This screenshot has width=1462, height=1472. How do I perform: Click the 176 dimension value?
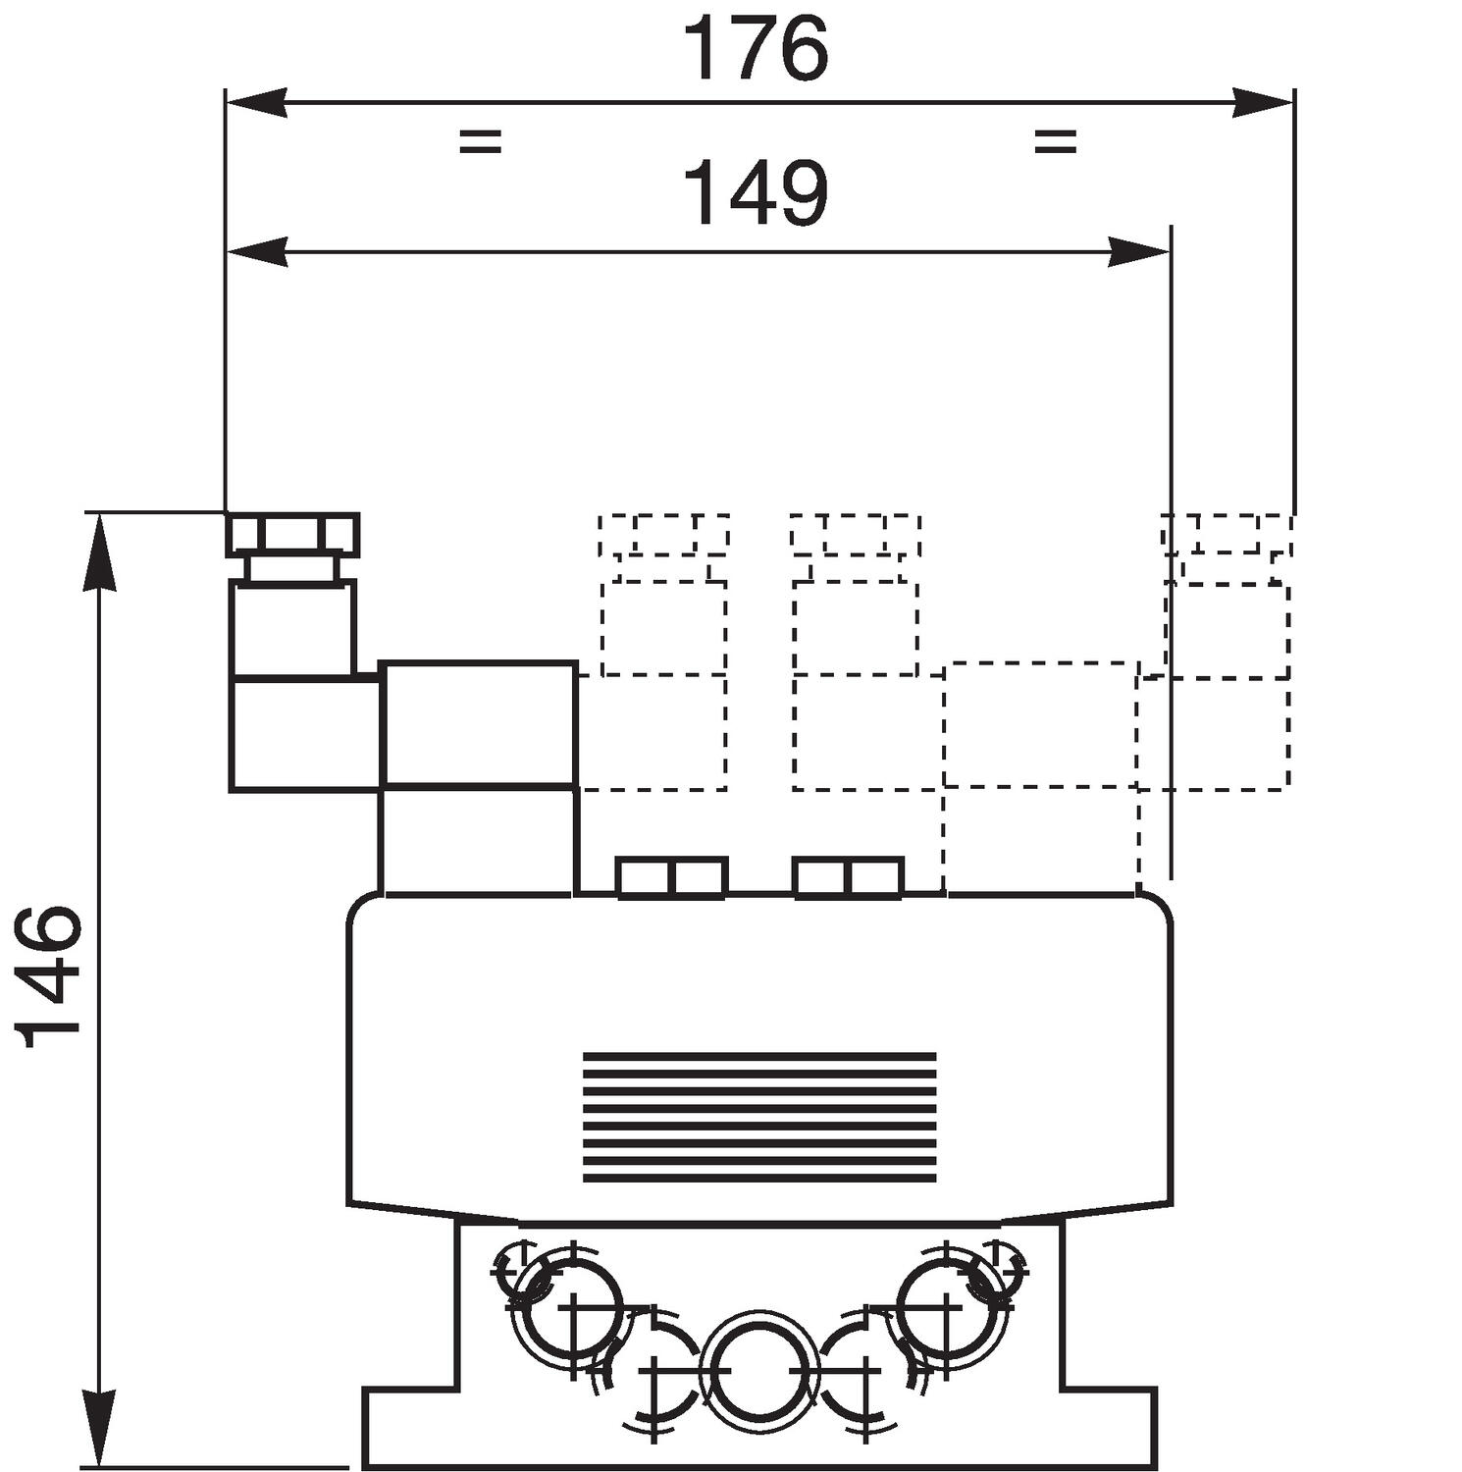click(757, 48)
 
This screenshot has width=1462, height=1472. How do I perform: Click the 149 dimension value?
click(757, 193)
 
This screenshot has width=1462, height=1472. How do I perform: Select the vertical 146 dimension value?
click(46, 977)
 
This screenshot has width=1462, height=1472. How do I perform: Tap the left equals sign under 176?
click(480, 141)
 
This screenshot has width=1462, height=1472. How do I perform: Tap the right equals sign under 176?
click(1056, 141)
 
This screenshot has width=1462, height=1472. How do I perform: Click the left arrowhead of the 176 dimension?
click(256, 102)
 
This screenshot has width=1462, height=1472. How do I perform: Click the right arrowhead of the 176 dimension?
click(1263, 102)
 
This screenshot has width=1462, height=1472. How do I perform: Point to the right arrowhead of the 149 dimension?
click(1139, 252)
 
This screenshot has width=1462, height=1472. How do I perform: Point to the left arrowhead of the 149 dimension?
click(256, 252)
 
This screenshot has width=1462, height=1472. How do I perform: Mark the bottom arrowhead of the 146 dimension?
click(101, 1429)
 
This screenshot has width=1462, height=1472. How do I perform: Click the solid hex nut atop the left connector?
click(293, 535)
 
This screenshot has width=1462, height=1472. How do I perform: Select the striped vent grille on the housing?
click(759, 1117)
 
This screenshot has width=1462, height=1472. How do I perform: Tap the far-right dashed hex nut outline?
click(1227, 535)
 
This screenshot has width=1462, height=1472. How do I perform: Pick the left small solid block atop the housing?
click(672, 877)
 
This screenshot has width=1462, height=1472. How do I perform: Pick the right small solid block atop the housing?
click(848, 877)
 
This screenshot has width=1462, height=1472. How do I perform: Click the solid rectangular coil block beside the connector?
click(478, 724)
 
